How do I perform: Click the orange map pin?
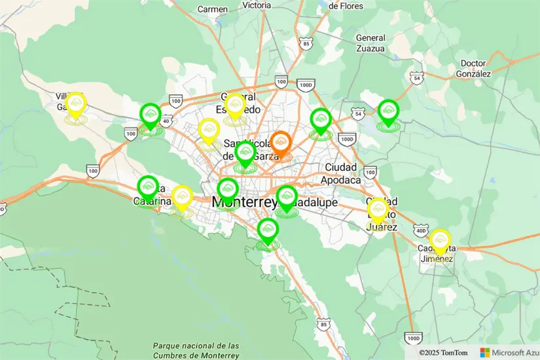click(x=281, y=143)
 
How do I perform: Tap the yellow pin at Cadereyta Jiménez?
click(x=441, y=240)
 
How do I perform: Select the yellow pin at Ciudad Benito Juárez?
click(x=378, y=210)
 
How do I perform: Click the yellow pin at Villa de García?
click(x=76, y=105)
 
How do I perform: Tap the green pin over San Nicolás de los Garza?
click(x=245, y=154)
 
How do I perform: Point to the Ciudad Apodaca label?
click(x=342, y=173)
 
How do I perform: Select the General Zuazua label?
click(x=370, y=43)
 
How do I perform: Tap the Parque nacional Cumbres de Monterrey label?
click(x=196, y=350)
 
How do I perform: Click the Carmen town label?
click(x=212, y=9)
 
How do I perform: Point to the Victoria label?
click(x=256, y=5)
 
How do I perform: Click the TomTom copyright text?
click(x=444, y=352)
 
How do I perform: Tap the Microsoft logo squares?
click(x=484, y=352)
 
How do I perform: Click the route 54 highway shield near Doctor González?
click(x=416, y=78)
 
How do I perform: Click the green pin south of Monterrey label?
click(x=268, y=230)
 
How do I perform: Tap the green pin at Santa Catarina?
click(x=148, y=188)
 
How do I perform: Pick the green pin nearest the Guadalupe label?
click(x=287, y=197)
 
